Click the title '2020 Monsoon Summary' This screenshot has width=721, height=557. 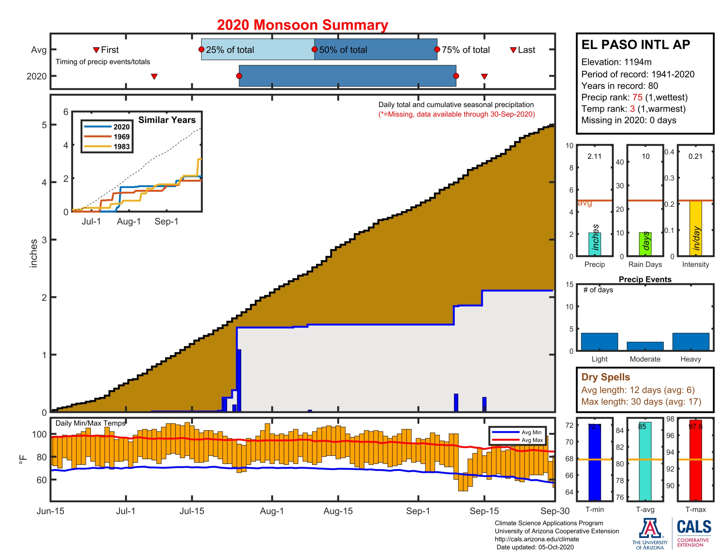302,25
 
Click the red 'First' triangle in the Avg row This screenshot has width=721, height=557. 96,50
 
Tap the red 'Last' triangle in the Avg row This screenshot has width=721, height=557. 513,50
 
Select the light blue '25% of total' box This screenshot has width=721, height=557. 258,49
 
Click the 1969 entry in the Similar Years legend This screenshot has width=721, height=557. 122,137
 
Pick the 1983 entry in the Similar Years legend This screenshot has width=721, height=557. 122,146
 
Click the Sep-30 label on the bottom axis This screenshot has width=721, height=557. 555,511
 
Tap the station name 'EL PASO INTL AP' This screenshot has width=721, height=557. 635,45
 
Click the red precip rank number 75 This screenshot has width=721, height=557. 637,97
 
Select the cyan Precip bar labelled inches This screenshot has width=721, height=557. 594,244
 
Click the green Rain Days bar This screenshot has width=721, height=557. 645,244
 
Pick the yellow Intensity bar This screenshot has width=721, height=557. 695,228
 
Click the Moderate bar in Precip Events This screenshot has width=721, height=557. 645,346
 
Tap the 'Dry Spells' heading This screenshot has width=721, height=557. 605,377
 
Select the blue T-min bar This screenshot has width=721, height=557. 594,462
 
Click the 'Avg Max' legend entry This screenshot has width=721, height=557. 532,440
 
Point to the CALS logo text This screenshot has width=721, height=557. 694,527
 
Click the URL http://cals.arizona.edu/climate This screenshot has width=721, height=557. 536,539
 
